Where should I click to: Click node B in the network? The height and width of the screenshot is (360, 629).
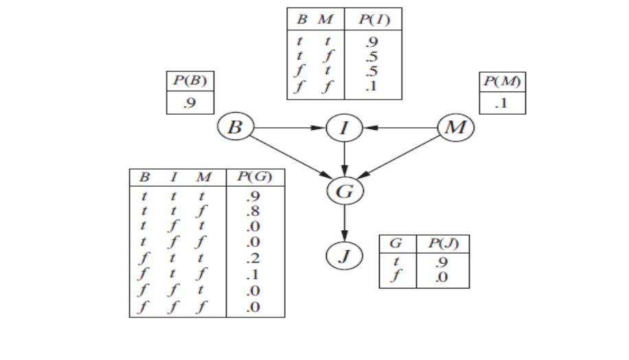point(236,128)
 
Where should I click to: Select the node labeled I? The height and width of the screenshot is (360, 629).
point(344,128)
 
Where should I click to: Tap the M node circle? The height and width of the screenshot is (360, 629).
point(455,128)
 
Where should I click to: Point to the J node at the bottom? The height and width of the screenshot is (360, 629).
point(344,256)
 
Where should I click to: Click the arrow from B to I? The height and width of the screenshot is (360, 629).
point(288,128)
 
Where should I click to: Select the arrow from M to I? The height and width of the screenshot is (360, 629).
point(402,128)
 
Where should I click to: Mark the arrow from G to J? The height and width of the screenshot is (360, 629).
point(344,223)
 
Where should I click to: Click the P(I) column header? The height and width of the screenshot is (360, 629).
point(374,19)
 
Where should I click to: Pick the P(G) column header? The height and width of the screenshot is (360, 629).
point(255,177)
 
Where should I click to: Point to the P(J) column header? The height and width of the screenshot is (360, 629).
point(439,244)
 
